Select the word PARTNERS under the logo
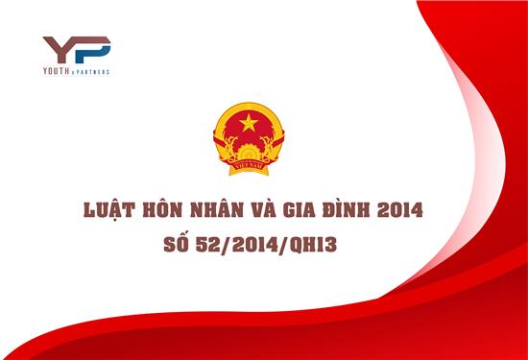coord(94,72)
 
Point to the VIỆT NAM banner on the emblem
coord(247,165)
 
